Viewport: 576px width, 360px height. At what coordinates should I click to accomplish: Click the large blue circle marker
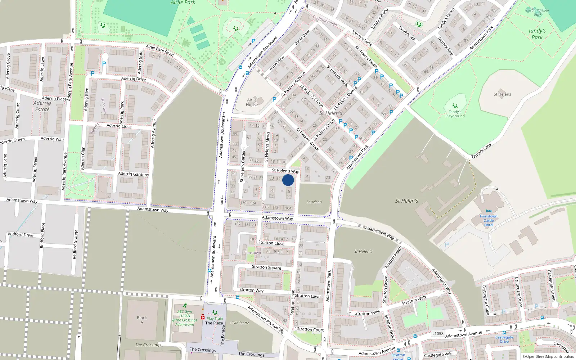tap(288, 180)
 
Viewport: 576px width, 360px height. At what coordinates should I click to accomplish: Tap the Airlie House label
tap(252, 102)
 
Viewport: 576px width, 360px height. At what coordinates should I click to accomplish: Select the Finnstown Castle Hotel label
tap(489, 220)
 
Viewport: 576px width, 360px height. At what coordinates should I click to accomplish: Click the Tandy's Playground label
tap(455, 114)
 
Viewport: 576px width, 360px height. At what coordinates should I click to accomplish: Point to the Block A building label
tap(142, 320)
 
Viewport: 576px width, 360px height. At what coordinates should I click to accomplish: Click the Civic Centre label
tap(240, 323)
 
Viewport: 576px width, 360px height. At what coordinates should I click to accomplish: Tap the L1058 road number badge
tap(438, 333)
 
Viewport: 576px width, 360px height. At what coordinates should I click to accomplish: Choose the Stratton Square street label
tap(266, 267)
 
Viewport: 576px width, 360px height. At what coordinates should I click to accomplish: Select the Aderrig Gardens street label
tap(133, 174)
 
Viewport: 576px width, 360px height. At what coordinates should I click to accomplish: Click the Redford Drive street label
tap(21, 235)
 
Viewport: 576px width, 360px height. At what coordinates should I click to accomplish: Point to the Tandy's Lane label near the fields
tap(481, 151)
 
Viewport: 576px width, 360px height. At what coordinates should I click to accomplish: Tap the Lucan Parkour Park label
tap(538, 12)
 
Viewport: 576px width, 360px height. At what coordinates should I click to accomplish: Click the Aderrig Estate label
tap(42, 106)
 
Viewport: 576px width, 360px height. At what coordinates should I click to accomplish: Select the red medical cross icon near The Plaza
tap(203, 317)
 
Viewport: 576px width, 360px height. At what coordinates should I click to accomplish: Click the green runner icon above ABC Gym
tap(185, 305)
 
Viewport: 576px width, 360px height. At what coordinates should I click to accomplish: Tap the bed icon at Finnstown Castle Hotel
tap(489, 211)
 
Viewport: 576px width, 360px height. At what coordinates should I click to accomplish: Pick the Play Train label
tap(215, 319)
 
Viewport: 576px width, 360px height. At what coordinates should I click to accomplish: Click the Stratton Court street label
tap(310, 329)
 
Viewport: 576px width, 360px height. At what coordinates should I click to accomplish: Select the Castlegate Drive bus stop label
tap(504, 339)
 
